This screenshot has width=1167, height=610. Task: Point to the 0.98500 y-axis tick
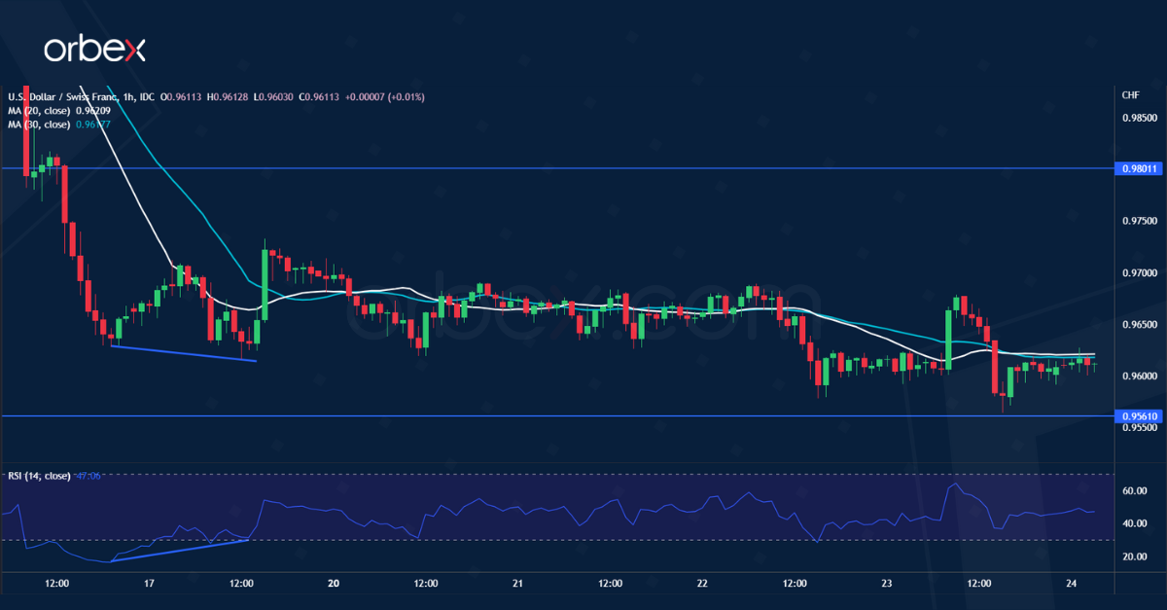[x=1139, y=118]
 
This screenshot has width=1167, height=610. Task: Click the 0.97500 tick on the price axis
[x=1139, y=221]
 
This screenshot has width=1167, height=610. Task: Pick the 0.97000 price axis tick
[x=1139, y=272]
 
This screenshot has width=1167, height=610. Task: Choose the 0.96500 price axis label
[x=1139, y=324]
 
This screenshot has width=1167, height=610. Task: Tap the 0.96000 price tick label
[x=1139, y=376]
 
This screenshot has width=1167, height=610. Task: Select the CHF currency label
[x=1130, y=95]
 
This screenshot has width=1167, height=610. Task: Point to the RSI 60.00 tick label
[x=1135, y=491]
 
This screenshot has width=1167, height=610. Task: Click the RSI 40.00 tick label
[x=1135, y=523]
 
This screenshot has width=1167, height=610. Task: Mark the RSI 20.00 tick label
[x=1135, y=556]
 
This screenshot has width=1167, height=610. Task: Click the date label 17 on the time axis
[x=149, y=584]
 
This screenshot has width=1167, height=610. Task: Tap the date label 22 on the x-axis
[x=702, y=584]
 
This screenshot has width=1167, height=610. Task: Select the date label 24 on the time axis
[x=1071, y=584]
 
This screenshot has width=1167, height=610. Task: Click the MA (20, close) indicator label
[x=39, y=111]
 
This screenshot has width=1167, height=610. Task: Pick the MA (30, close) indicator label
[x=39, y=125]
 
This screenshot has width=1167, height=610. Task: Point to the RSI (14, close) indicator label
[x=39, y=476]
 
